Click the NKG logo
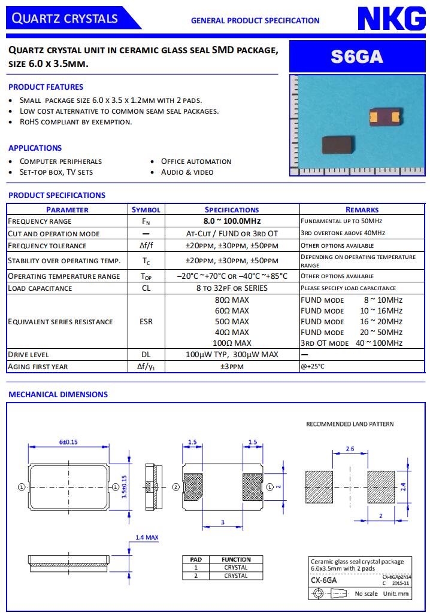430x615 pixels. point(392,19)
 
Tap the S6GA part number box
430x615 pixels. point(357,57)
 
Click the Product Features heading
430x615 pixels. point(46,87)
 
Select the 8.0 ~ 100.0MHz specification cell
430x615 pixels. point(232,221)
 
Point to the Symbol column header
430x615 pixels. point(146,210)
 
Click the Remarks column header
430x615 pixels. point(362,210)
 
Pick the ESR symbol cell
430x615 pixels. point(146,321)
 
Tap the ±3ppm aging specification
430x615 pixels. point(232,366)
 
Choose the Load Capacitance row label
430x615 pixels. point(40,288)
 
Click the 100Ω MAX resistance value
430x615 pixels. point(232,343)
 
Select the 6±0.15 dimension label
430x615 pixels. point(69,442)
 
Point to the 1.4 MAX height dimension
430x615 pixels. point(147,538)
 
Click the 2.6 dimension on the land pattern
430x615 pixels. point(350,448)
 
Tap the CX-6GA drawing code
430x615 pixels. point(324,580)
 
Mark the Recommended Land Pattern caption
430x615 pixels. point(350,424)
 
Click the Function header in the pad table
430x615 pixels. point(236,559)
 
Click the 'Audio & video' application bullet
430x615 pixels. point(187,172)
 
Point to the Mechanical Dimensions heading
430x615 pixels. point(58,394)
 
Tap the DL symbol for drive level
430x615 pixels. point(146,354)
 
